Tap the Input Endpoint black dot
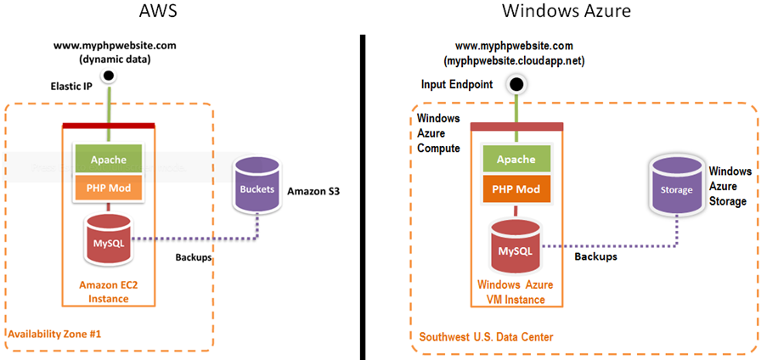click(x=515, y=85)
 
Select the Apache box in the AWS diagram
click(x=108, y=159)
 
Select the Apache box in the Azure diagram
click(x=516, y=159)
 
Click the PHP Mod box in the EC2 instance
click(x=108, y=187)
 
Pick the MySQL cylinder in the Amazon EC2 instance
click(x=108, y=237)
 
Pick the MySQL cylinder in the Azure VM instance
click(x=515, y=246)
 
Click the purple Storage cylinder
click(x=676, y=189)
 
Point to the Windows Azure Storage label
click(x=728, y=186)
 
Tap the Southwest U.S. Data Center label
click(x=485, y=337)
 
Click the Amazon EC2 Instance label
click(x=108, y=291)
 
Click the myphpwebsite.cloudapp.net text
click(x=514, y=62)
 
